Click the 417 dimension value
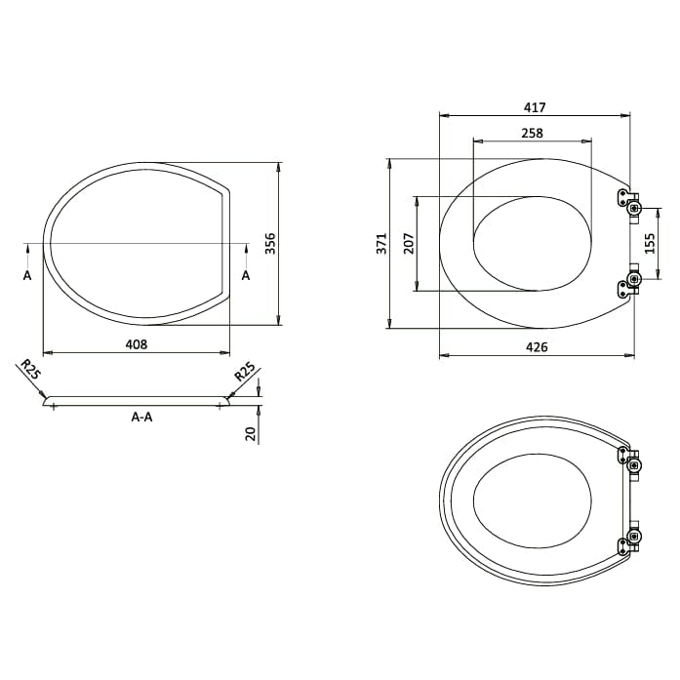click(x=535, y=107)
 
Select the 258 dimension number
click(x=532, y=133)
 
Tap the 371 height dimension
click(x=382, y=243)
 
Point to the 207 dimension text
click(x=409, y=243)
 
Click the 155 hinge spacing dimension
click(x=652, y=243)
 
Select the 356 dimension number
click(x=272, y=243)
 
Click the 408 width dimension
click(x=138, y=344)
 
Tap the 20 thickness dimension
click(x=251, y=432)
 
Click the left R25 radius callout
click(x=30, y=370)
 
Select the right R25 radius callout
click(x=244, y=371)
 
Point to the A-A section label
click(x=141, y=417)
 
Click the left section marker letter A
click(x=27, y=276)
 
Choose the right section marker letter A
click(x=245, y=276)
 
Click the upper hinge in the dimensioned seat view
click(x=629, y=202)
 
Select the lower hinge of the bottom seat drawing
click(x=630, y=538)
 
